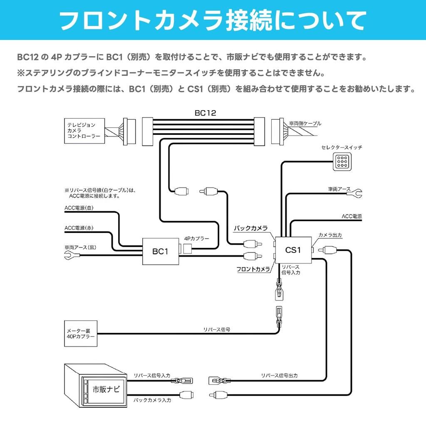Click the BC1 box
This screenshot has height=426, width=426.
point(160,251)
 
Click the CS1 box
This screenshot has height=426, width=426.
point(293,250)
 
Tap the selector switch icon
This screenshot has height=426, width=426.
point(342,161)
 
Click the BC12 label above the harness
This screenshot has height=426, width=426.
point(205,113)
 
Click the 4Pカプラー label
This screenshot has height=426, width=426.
point(196,239)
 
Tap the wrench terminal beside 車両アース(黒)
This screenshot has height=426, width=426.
point(69,256)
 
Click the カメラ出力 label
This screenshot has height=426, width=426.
point(330,235)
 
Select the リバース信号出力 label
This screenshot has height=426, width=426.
point(279,375)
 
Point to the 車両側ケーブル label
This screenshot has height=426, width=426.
point(305,124)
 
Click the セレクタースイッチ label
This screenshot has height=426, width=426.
point(342,148)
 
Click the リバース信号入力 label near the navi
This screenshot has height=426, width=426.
point(152,375)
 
